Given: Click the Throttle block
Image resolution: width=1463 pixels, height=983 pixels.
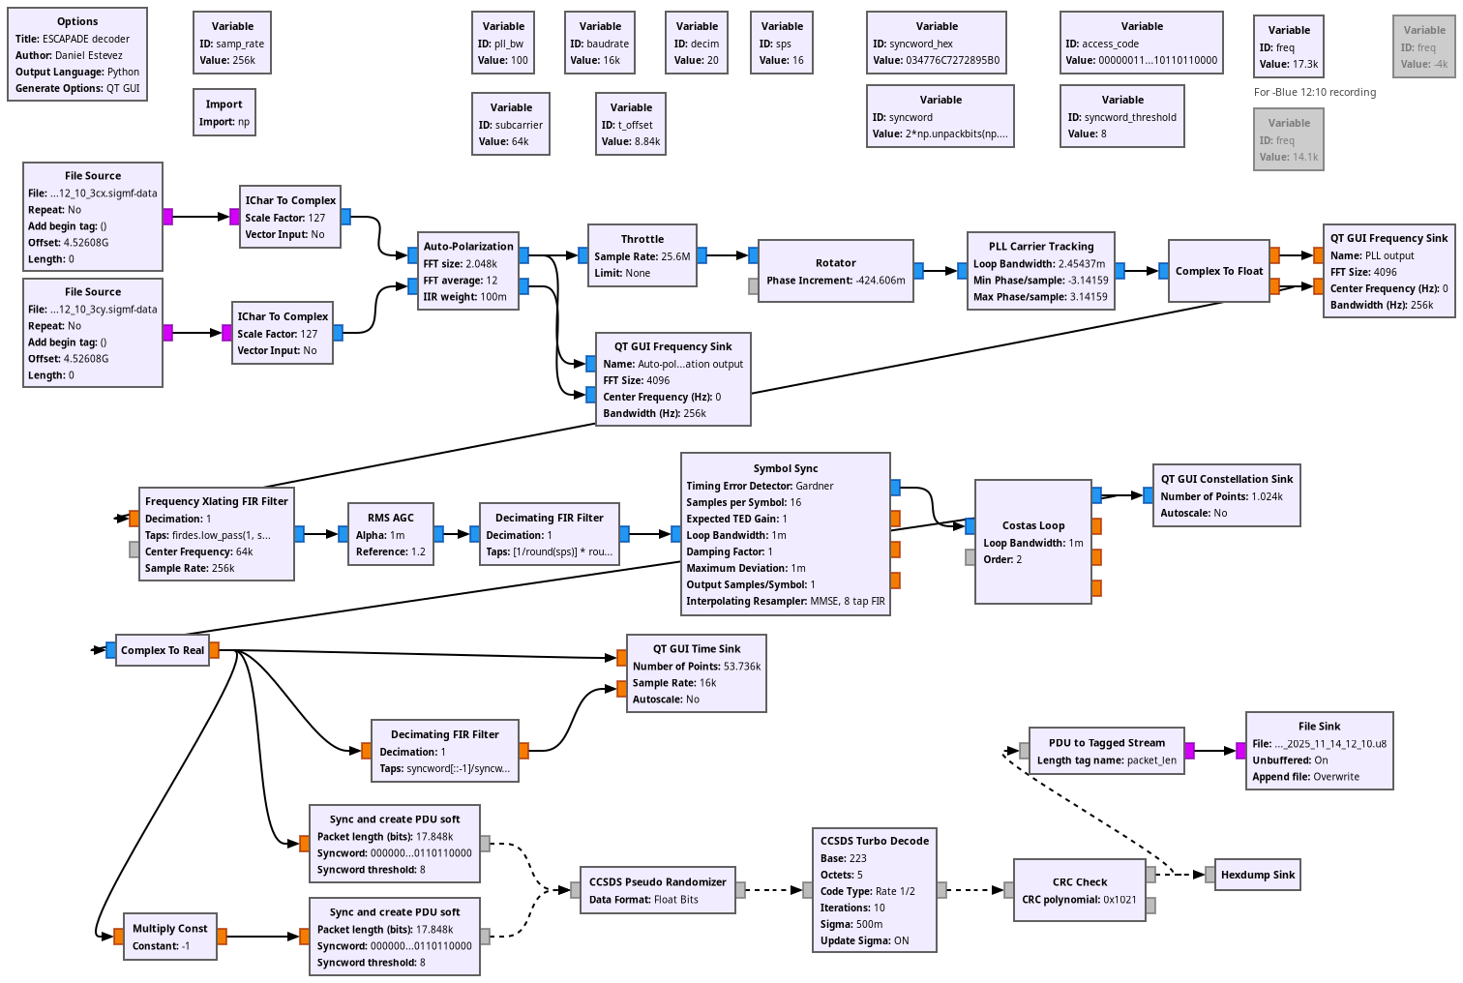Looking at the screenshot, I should [x=642, y=255].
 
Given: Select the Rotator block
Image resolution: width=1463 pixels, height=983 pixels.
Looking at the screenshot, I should [x=836, y=271].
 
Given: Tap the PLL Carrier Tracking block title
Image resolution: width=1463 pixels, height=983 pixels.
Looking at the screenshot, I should [x=1041, y=247].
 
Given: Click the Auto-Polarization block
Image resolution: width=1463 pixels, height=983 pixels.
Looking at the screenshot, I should [x=469, y=271].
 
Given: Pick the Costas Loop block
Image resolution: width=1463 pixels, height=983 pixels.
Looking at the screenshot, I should [x=1033, y=542].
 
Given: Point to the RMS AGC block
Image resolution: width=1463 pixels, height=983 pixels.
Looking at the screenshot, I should [x=391, y=534].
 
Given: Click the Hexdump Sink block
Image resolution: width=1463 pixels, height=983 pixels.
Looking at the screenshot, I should [x=1258, y=875].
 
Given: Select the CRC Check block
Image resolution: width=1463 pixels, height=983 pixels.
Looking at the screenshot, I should [x=1080, y=890].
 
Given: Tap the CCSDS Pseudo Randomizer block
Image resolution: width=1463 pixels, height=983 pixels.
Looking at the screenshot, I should [x=658, y=890].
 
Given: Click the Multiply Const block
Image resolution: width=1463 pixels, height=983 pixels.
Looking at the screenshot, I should [x=170, y=937].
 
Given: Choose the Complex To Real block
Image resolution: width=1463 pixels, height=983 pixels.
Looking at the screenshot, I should [x=163, y=650].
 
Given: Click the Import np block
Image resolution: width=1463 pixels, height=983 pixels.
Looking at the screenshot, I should [x=224, y=112].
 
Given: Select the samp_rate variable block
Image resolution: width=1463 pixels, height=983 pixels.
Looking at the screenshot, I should [x=232, y=43].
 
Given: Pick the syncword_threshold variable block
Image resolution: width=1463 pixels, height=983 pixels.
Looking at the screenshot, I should [x=1122, y=116].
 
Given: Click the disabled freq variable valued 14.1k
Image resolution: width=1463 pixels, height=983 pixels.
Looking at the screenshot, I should [x=1289, y=139].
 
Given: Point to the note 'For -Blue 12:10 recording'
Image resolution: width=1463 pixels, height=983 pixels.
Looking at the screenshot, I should [x=1315, y=93].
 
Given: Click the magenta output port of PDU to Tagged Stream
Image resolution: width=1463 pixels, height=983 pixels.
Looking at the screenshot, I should [x=1189, y=750].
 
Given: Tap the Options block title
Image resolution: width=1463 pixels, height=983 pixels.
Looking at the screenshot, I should [x=77, y=21].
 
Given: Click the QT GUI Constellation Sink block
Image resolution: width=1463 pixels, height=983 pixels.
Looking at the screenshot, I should [x=1227, y=495].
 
